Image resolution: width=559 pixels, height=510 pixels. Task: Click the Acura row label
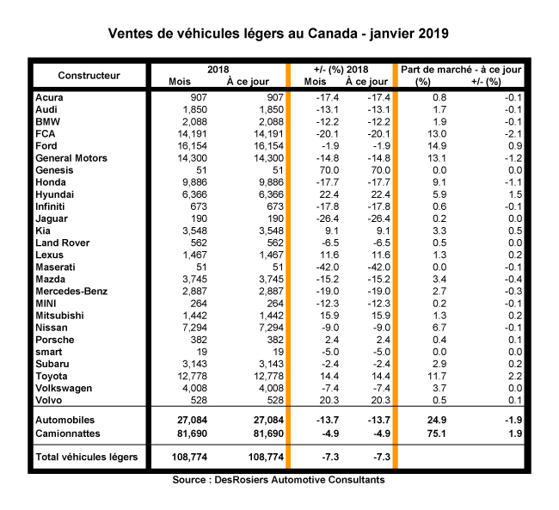click(x=50, y=98)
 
